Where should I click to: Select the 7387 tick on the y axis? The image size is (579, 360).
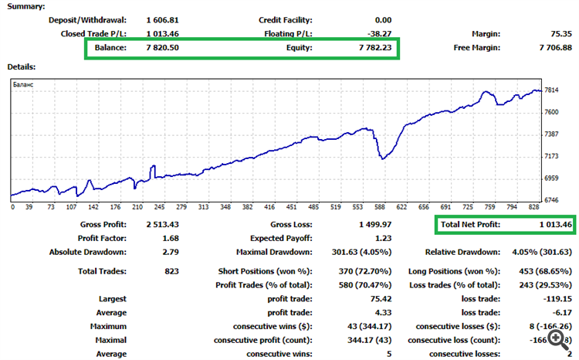[x=552, y=134]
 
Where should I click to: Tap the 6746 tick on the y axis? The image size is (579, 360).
[x=552, y=200]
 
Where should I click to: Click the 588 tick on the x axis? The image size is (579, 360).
[x=379, y=207]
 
